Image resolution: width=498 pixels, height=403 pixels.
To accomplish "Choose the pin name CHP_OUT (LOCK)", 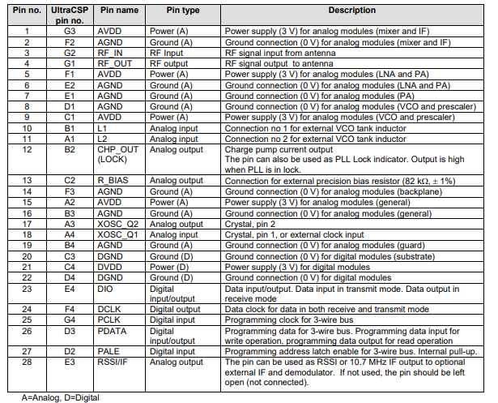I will pos(117,154).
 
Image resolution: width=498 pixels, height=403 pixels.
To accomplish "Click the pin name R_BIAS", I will pos(112,179).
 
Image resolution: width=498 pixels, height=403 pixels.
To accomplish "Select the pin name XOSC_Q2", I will pos(117,223).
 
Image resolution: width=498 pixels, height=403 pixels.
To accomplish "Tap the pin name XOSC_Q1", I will pos(117,234).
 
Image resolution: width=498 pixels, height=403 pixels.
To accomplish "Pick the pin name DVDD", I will pos(110,265).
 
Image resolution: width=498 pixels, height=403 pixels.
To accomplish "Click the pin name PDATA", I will pos(112,330).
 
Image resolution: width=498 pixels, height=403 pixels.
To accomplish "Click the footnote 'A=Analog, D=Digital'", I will pos(50,397).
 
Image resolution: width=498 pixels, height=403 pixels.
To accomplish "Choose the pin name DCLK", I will pos(110,309).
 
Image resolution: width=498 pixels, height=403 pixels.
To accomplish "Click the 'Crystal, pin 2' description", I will pos(253,223).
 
